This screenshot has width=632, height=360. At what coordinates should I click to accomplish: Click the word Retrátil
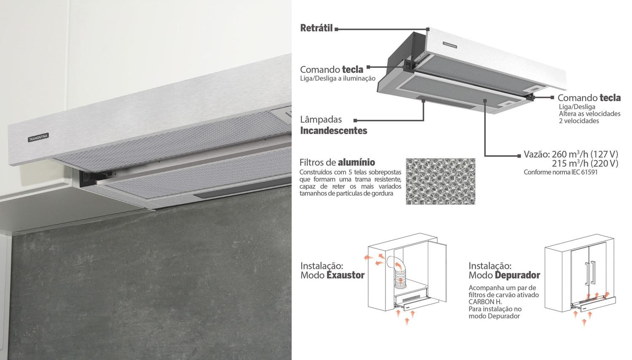click(316, 28)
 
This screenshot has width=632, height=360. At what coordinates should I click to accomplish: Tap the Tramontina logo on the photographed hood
click(38, 137)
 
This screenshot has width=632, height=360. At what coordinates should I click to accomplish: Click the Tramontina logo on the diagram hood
click(450, 44)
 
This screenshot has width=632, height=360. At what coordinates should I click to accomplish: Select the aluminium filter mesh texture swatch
click(440, 181)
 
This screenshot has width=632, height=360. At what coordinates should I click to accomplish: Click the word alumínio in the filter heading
click(356, 162)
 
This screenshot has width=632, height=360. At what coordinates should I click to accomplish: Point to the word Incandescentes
click(333, 131)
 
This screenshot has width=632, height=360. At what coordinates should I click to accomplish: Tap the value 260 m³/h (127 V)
click(585, 154)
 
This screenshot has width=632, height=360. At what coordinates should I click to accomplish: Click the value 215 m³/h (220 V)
click(585, 164)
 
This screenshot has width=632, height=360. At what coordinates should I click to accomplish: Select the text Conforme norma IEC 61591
click(560, 172)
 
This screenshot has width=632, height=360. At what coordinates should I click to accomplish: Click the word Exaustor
click(345, 275)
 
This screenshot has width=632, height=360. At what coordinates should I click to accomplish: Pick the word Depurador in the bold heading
click(517, 275)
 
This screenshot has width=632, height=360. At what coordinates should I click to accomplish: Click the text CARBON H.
click(485, 302)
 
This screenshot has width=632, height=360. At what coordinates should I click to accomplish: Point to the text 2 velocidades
click(578, 121)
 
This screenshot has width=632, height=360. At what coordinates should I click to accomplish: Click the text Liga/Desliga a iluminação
click(337, 78)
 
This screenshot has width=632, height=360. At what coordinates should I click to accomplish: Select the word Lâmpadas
click(321, 120)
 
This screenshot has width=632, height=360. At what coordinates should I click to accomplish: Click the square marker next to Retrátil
click(337, 29)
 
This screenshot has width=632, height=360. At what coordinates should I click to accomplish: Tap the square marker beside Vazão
click(519, 156)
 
